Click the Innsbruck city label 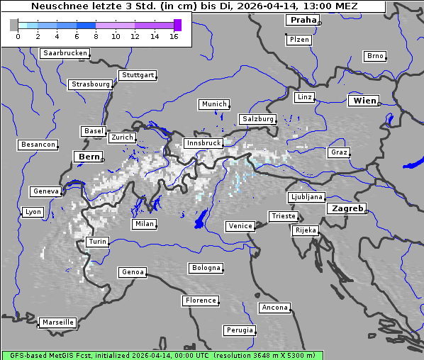tap(203, 143)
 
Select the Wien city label tap(364, 101)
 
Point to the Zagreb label tap(347, 208)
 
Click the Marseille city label tap(57, 322)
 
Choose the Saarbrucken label tap(65, 53)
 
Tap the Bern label tap(89, 157)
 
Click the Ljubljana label tap(306, 197)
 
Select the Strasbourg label tap(91, 84)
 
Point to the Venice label tap(240, 226)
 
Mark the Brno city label tap(374, 56)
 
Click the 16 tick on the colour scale tap(174, 36)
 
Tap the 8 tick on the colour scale tap(96, 36)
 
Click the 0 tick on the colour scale tap(18, 36)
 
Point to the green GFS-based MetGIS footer tap(162, 355)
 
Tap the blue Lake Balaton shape tap(413, 162)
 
